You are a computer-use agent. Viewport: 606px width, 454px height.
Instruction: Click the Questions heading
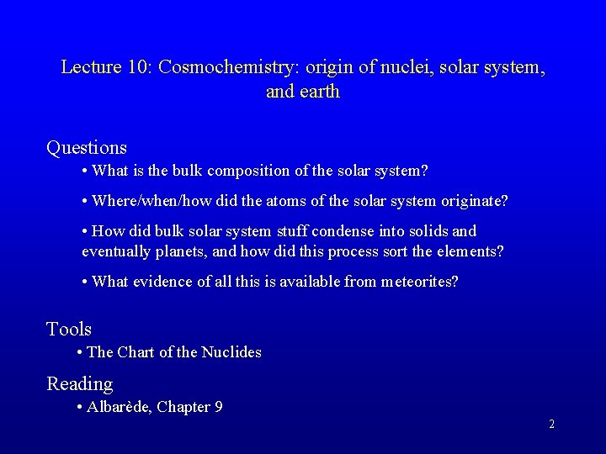(x=87, y=148)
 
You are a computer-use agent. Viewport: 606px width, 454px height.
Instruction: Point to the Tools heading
(x=69, y=329)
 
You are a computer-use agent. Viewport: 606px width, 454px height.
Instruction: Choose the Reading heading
(x=79, y=384)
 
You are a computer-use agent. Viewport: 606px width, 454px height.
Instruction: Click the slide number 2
(x=551, y=425)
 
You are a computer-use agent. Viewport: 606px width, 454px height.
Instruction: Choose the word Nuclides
(x=231, y=352)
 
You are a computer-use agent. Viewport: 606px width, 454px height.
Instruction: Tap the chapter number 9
(x=218, y=407)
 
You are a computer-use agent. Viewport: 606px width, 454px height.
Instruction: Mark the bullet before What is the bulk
(x=85, y=172)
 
